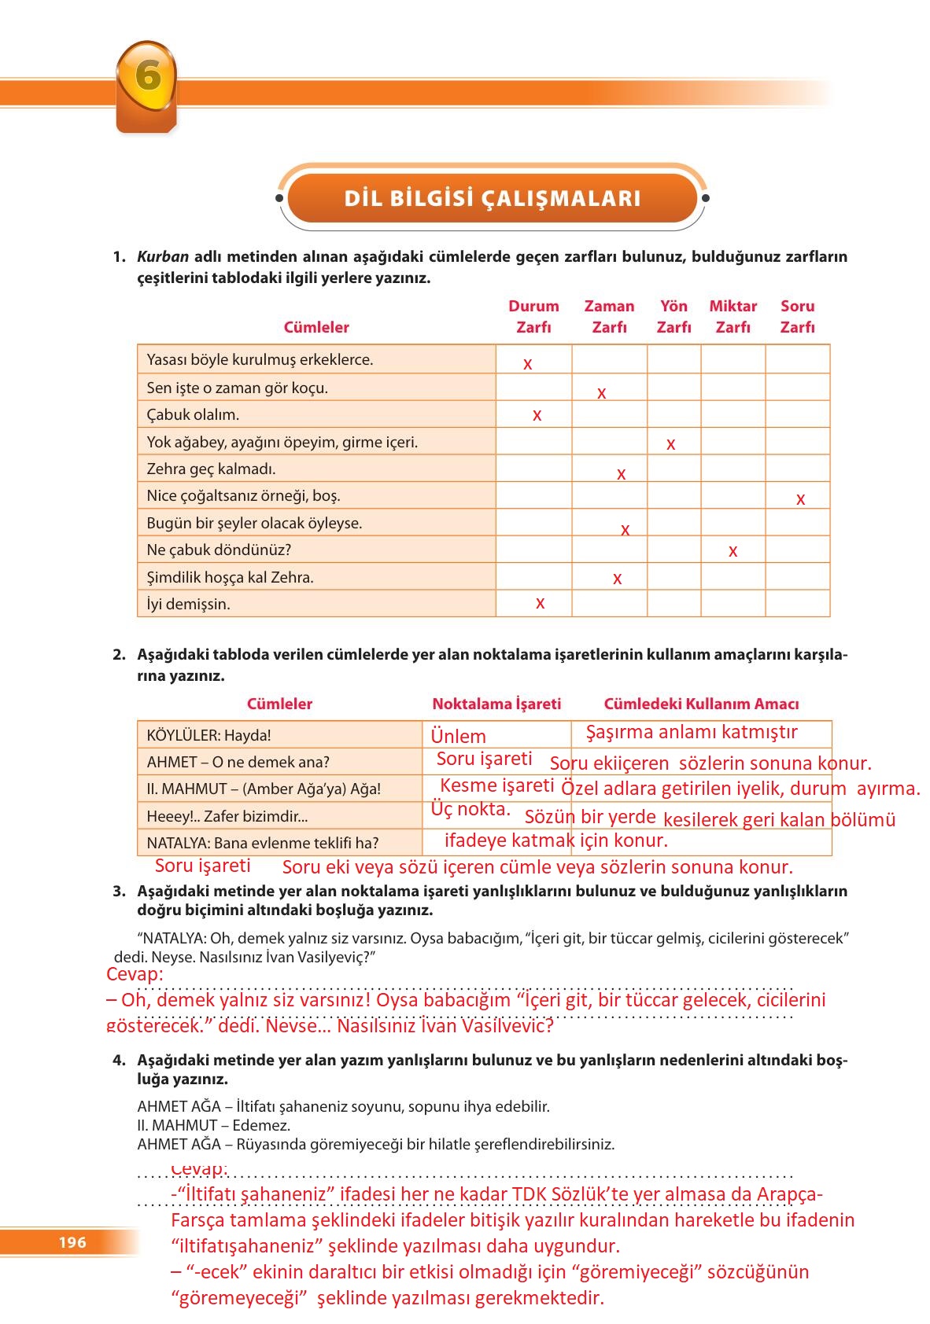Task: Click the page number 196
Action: click(x=72, y=1242)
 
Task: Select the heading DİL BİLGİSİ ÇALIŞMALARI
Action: click(x=493, y=198)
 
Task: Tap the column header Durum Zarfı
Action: click(x=533, y=317)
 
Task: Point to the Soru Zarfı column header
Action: click(x=797, y=317)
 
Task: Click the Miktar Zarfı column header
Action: click(x=733, y=317)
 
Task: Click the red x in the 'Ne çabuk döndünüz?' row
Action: click(x=733, y=551)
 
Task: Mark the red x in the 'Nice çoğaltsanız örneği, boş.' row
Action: click(x=800, y=499)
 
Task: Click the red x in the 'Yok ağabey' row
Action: click(x=670, y=444)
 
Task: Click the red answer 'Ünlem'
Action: click(x=459, y=737)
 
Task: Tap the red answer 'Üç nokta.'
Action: click(x=471, y=808)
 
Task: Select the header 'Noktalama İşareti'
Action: click(x=496, y=704)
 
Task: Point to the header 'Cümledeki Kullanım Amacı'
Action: click(x=701, y=704)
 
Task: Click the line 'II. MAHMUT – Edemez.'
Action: click(x=214, y=1125)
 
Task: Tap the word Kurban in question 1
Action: click(x=163, y=256)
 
